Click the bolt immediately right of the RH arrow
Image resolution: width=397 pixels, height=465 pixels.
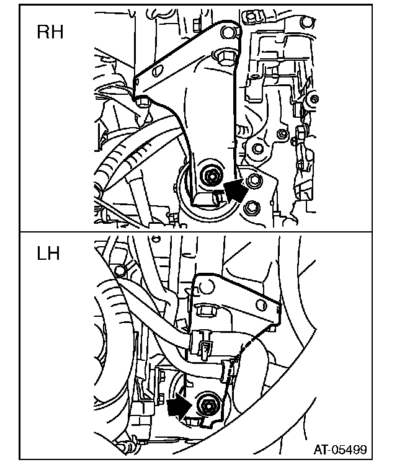(253, 181)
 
